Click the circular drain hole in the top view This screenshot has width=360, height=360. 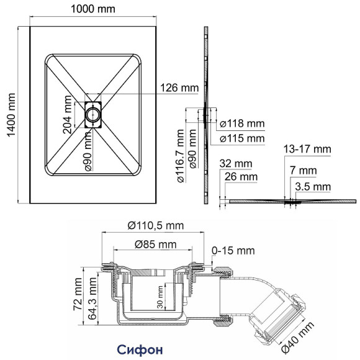pyautogui.click(x=91, y=114)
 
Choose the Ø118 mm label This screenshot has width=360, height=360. pyautogui.click(x=243, y=124)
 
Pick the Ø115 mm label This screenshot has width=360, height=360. pyautogui.click(x=243, y=138)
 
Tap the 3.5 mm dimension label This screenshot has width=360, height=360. pyautogui.click(x=313, y=186)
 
